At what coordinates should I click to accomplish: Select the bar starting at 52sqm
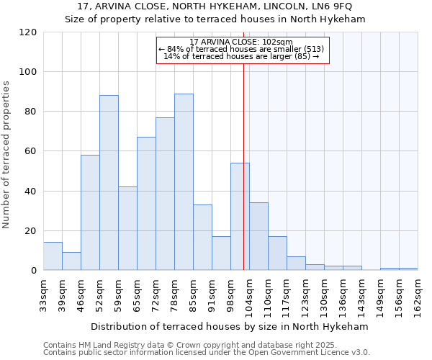pos(109,183)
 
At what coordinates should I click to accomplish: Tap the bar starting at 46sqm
pos(90,212)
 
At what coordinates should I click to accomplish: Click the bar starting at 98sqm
pos(240,216)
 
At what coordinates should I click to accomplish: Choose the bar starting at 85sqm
pos(202,238)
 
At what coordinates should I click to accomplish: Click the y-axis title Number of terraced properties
pos(6,155)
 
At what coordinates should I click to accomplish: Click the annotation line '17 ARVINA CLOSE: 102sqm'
pos(241,42)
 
